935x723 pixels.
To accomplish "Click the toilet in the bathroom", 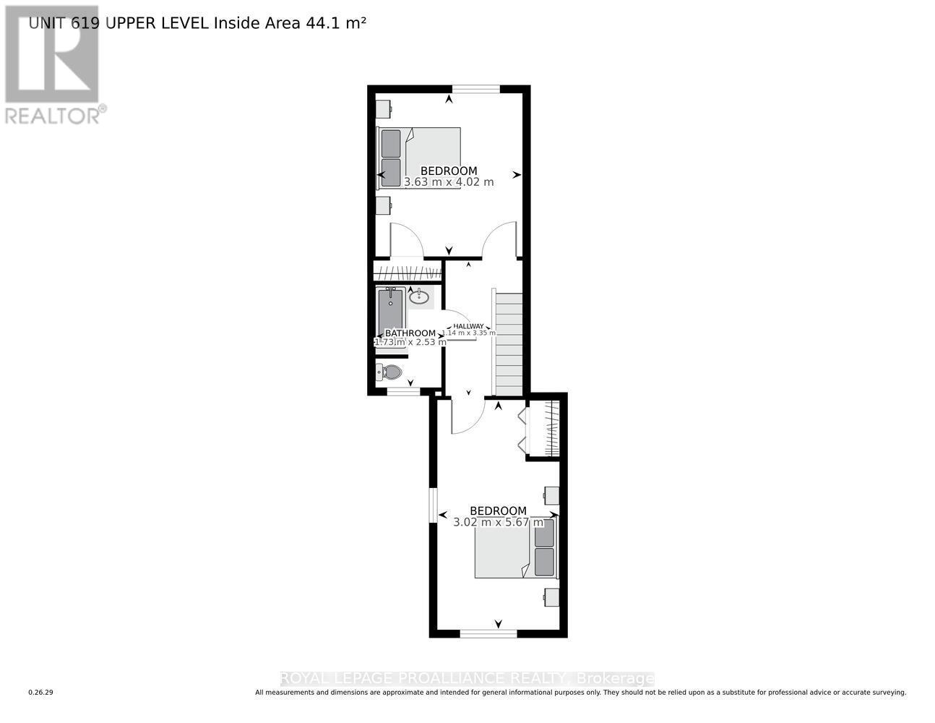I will [389, 372].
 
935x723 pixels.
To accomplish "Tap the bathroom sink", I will [419, 296].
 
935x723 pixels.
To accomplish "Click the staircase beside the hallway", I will [509, 343].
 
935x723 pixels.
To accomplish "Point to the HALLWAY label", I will [468, 326].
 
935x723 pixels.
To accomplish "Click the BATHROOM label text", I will [410, 333].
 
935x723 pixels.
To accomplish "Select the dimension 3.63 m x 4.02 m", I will [449, 182].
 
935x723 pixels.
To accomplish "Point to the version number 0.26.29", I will [41, 693].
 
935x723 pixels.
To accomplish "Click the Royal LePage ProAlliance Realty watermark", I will [467, 678].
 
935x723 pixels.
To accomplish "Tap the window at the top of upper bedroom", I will [476, 89].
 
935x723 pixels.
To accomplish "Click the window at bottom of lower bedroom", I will [488, 633].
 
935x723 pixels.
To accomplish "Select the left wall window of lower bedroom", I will [433, 504].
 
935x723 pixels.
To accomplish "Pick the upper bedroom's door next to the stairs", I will [501, 239].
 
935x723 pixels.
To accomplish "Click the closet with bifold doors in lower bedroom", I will [543, 430].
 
